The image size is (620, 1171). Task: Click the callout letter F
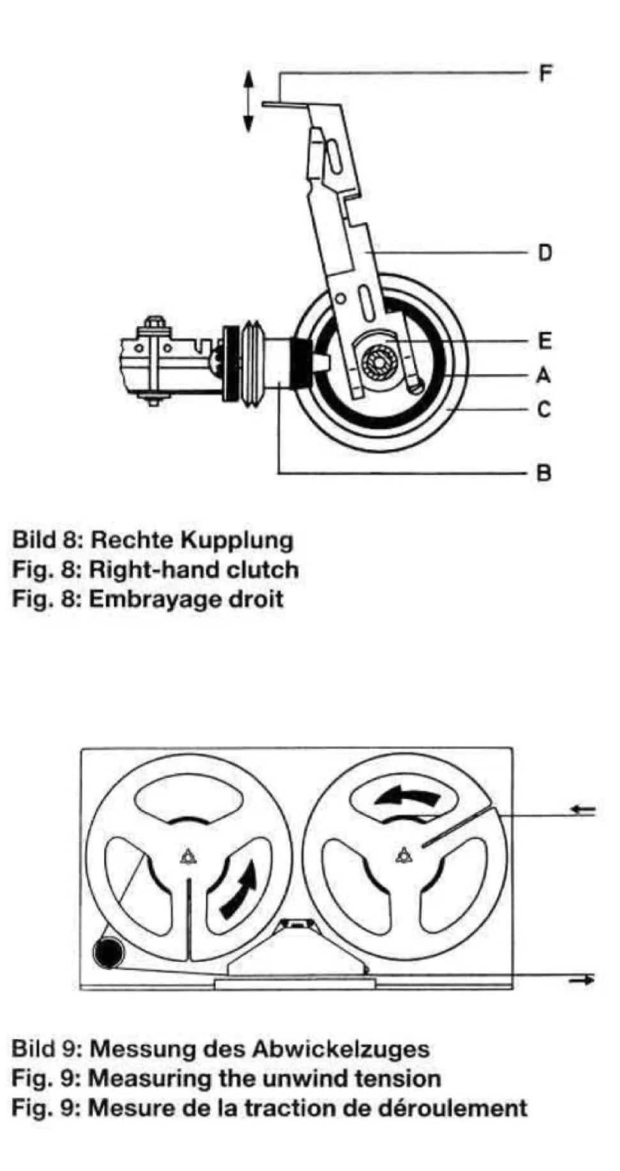click(545, 73)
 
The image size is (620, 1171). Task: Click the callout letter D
click(545, 253)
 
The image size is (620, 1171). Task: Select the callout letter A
click(545, 375)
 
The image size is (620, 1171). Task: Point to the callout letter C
click(545, 409)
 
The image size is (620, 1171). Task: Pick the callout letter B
click(545, 473)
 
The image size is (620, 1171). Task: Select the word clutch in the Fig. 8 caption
click(263, 570)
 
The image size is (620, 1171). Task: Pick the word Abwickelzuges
click(341, 1049)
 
